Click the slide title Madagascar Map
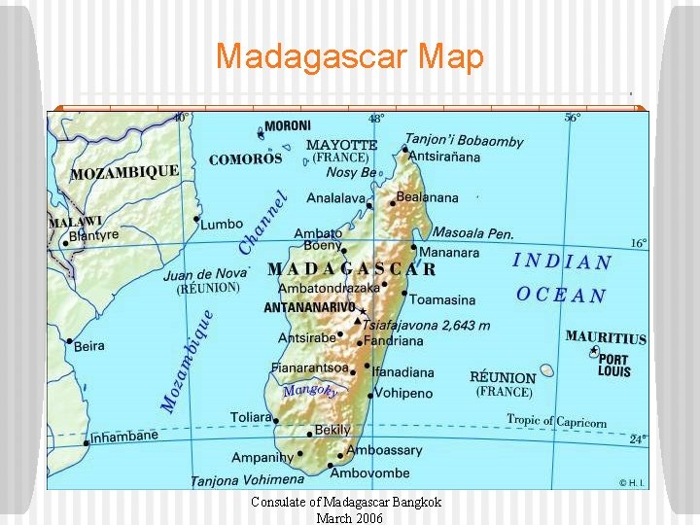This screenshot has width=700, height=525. pyautogui.click(x=349, y=56)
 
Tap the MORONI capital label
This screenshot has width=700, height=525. pyautogui.click(x=288, y=125)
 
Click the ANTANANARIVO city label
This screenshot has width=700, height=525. pyautogui.click(x=309, y=307)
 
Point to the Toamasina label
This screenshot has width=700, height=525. pyautogui.click(x=441, y=299)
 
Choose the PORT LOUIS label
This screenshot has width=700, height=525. pyautogui.click(x=614, y=365)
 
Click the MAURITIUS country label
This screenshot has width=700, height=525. pyautogui.click(x=605, y=337)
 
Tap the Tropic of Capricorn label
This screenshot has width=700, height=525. pyautogui.click(x=556, y=421)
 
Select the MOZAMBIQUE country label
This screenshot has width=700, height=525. pyautogui.click(x=124, y=173)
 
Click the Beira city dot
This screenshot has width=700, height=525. pyautogui.click(x=69, y=341)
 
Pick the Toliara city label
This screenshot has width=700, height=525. pyautogui.click(x=251, y=417)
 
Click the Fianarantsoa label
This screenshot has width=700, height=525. pyautogui.click(x=308, y=368)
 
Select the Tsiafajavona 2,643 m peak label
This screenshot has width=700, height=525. pyautogui.click(x=427, y=325)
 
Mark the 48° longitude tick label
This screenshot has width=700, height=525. pyautogui.click(x=376, y=118)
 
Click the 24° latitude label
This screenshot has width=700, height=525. pyautogui.click(x=637, y=438)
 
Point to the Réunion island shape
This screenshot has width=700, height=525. pyautogui.click(x=547, y=370)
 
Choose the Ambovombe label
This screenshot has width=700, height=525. pyautogui.click(x=369, y=472)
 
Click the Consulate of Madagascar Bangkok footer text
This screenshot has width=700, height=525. pyautogui.click(x=346, y=502)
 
